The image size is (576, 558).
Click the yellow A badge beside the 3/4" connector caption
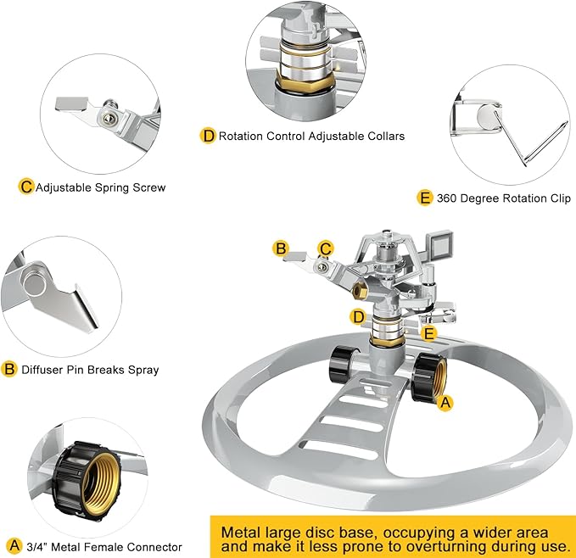(13, 545)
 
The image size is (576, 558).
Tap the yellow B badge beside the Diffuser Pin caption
(10, 370)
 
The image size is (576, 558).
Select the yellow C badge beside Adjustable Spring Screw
(26, 187)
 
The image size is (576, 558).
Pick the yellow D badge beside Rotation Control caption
(208, 136)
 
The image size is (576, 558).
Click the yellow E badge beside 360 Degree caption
(426, 198)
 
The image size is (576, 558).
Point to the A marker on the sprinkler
(444, 404)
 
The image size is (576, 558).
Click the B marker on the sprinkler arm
(280, 248)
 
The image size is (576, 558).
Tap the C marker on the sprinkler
(325, 248)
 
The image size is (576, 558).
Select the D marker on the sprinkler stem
(358, 317)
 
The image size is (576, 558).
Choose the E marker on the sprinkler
(429, 334)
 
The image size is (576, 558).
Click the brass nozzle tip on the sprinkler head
(357, 291)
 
